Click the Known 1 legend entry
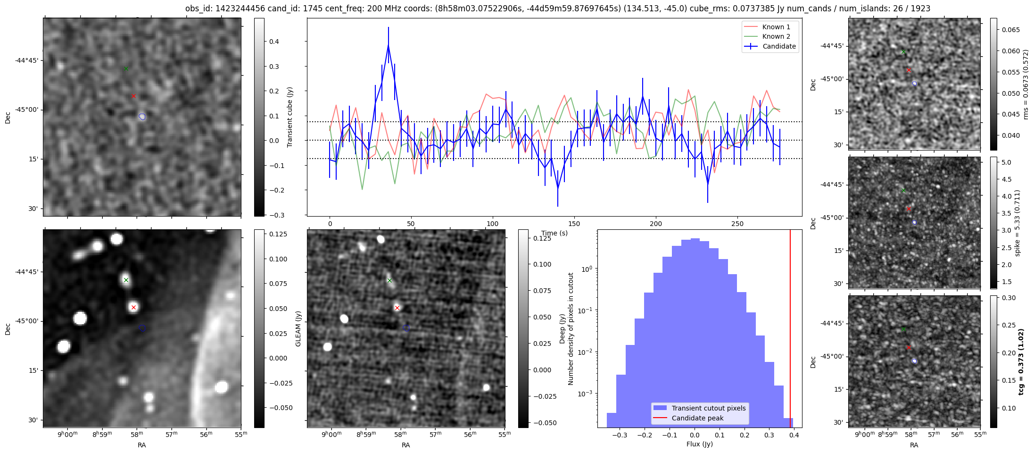tap(776, 27)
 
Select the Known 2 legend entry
tap(776, 36)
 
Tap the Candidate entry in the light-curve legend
tap(778, 46)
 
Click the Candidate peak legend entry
tap(697, 418)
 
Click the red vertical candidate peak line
tap(790, 330)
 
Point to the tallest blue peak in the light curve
tap(388, 45)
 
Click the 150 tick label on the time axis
tap(574, 224)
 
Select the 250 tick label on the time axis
tap(737, 224)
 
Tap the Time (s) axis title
tap(554, 233)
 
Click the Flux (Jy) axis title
tap(700, 444)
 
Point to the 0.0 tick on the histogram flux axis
tap(694, 435)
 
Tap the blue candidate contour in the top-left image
tap(142, 117)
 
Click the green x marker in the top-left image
tap(126, 69)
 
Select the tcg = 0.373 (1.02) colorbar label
tap(1021, 361)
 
